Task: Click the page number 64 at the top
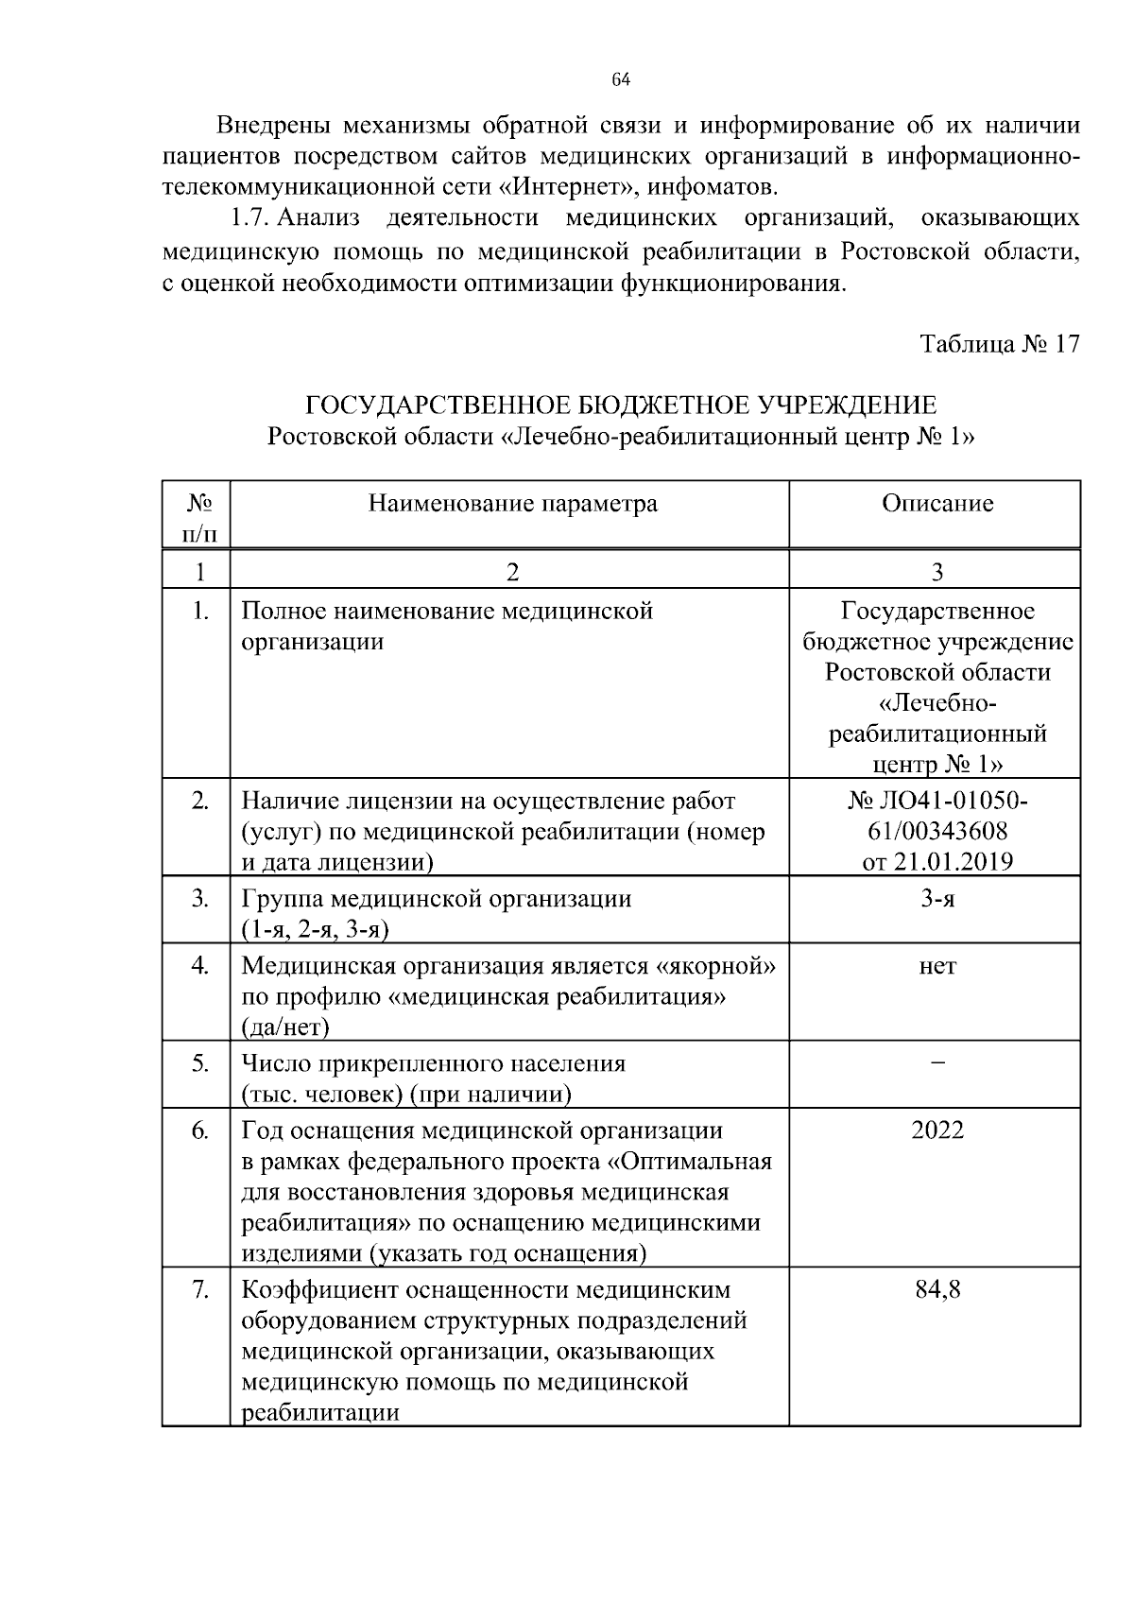[x=621, y=79]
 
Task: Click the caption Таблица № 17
[x=1000, y=343]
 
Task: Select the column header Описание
[x=936, y=503]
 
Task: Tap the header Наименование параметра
[x=512, y=503]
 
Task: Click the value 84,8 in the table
[x=937, y=1289]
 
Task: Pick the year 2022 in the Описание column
[x=937, y=1130]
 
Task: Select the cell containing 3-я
[x=937, y=898]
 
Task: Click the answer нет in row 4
[x=937, y=966]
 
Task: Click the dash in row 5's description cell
[x=937, y=1063]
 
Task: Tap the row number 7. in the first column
[x=200, y=1289]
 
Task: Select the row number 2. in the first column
[x=200, y=801]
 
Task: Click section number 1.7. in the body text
[x=251, y=218]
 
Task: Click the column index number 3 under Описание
[x=937, y=572]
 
